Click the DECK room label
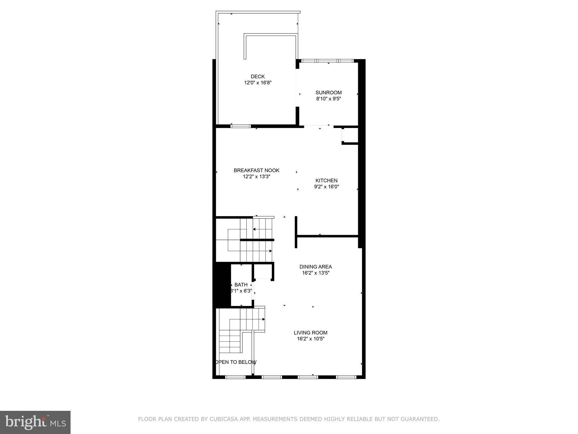click(x=258, y=76)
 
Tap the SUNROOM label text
click(x=329, y=92)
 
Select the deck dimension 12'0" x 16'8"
click(x=258, y=83)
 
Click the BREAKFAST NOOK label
click(x=256, y=170)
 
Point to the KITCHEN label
click(x=326, y=181)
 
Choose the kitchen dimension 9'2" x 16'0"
click(x=326, y=187)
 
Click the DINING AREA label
click(x=316, y=267)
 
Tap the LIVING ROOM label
click(x=310, y=333)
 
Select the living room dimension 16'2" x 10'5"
click(x=310, y=339)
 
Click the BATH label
click(x=241, y=285)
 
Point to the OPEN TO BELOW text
click(x=236, y=362)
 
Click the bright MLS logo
click(x=35, y=422)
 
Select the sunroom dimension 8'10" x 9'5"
click(x=329, y=99)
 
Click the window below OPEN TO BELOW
click(x=235, y=377)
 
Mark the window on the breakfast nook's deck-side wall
click(x=240, y=126)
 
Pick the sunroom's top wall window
click(x=327, y=61)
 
